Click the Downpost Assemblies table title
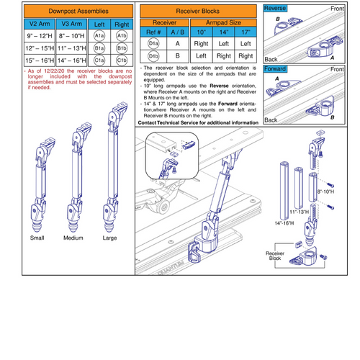pos(68,12)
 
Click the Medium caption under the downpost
pos(74,238)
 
